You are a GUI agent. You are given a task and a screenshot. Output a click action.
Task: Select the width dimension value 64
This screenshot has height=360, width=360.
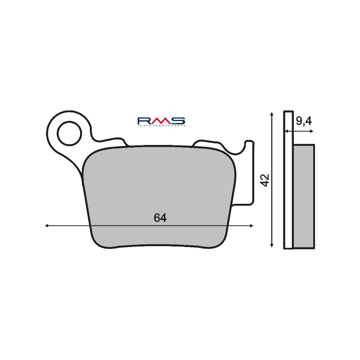coord(160,218)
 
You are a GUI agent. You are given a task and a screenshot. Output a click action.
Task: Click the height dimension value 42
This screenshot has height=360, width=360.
coord(265,180)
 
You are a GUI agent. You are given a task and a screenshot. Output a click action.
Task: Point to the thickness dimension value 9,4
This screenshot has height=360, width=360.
coord(304,121)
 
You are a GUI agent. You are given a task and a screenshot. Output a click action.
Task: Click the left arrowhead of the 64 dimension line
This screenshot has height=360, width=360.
coord(47,226)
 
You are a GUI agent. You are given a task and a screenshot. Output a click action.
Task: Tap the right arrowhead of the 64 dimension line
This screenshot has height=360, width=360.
coord(252,226)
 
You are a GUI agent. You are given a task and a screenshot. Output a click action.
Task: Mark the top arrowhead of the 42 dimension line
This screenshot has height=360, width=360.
coord(271,113)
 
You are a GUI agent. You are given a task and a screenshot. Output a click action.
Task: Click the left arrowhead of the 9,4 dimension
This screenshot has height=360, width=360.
coord(285,131)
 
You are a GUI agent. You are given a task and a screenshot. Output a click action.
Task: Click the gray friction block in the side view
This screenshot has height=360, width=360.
coord(304,196)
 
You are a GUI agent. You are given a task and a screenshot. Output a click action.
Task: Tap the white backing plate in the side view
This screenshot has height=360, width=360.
coord(288,180)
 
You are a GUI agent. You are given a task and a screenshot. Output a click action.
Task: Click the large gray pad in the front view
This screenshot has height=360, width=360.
coord(160,189)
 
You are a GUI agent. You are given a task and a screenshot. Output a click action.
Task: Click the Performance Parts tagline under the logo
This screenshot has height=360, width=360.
coord(161,127)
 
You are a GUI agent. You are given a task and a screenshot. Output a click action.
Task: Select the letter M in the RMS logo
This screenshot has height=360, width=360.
coord(161,121)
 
